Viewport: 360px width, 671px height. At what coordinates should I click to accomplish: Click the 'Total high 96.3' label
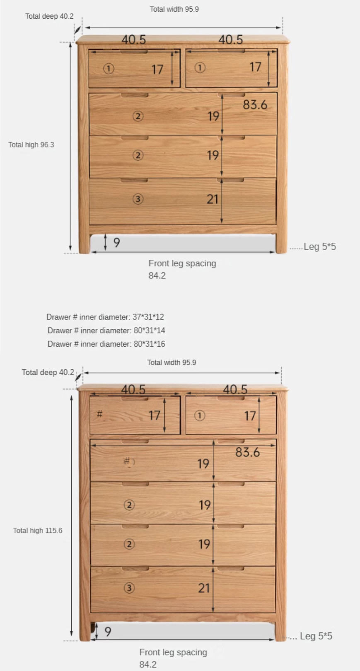pyautogui.click(x=31, y=145)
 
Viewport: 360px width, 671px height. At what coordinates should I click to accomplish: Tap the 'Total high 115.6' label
pyautogui.click(x=37, y=530)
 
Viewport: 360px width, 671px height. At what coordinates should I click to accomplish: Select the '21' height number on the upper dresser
pyautogui.click(x=213, y=199)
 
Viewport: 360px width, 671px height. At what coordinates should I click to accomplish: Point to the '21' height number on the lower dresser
pyautogui.click(x=204, y=588)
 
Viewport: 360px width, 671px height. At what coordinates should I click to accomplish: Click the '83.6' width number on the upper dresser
pyautogui.click(x=255, y=105)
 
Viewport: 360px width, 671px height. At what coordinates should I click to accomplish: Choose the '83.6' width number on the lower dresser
pyautogui.click(x=247, y=452)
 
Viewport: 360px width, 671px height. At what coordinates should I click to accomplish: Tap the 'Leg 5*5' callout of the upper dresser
pyautogui.click(x=319, y=247)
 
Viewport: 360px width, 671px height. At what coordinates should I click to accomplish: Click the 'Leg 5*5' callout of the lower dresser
pyautogui.click(x=316, y=636)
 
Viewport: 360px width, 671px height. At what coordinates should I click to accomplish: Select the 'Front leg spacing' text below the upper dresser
pyautogui.click(x=182, y=263)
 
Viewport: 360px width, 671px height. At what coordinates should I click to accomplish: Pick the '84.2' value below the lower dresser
pyautogui.click(x=148, y=664)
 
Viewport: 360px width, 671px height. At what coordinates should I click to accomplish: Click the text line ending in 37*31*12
pyautogui.click(x=105, y=317)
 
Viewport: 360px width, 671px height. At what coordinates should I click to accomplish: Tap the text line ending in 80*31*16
pyautogui.click(x=106, y=344)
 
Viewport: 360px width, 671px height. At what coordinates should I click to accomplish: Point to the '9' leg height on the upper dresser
pyautogui.click(x=116, y=242)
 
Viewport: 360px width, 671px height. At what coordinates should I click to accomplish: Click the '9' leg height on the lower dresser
pyautogui.click(x=108, y=631)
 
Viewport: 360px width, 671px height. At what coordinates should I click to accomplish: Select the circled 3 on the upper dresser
pyautogui.click(x=138, y=199)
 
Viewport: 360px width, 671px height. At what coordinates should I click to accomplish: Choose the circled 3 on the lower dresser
pyautogui.click(x=129, y=588)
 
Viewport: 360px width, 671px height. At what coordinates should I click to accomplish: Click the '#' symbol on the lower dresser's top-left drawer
pyautogui.click(x=99, y=414)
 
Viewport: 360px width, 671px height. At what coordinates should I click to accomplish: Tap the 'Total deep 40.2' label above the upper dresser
pyautogui.click(x=49, y=16)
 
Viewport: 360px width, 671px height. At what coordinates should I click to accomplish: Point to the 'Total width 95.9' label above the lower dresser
pyautogui.click(x=172, y=362)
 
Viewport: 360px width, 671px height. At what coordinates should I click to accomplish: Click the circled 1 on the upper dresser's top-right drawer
pyautogui.click(x=200, y=68)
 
